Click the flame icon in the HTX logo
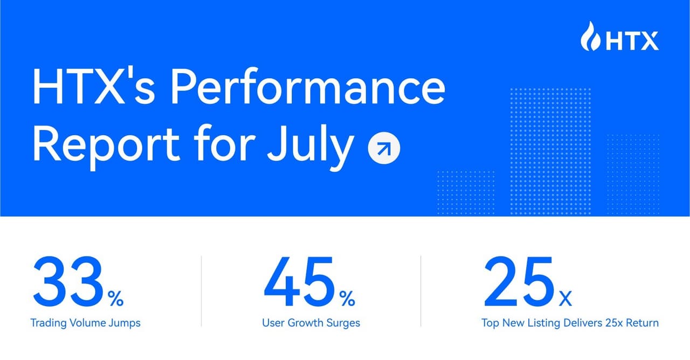[591, 37]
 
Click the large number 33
[67, 281]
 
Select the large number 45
[299, 281]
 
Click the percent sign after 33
[115, 299]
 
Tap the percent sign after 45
[347, 299]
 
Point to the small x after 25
[565, 299]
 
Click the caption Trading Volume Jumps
[85, 323]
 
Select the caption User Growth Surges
[311, 323]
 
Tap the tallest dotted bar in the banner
[550, 151]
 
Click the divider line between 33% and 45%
[201, 291]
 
